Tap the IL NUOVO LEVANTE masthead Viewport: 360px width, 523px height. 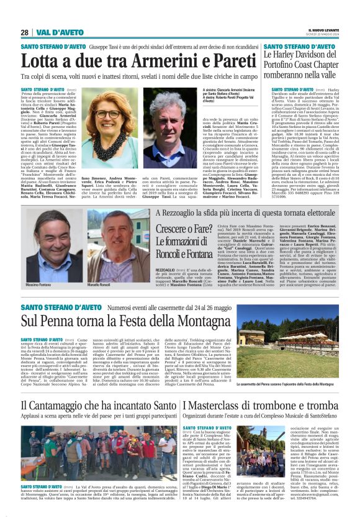pyautogui.click(x=325, y=30)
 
